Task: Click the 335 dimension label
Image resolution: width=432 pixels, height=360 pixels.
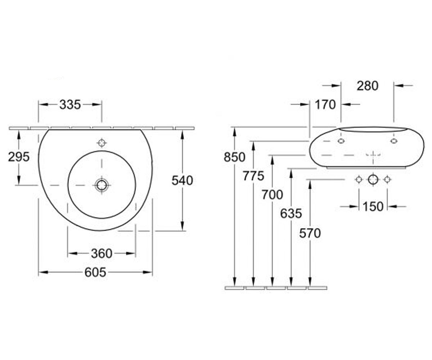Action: click(70, 105)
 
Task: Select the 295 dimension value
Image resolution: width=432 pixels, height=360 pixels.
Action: click(19, 157)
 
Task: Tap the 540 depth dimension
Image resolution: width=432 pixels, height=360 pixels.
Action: click(182, 180)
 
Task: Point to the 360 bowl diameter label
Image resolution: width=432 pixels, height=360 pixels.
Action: click(102, 253)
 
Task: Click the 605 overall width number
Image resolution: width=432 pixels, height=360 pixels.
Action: click(95, 272)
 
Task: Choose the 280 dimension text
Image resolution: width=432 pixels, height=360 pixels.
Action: click(368, 86)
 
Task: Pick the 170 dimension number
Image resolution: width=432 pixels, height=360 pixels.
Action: click(325, 105)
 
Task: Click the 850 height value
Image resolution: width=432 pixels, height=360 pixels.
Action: click(234, 157)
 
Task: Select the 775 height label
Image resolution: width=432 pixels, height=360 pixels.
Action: click(253, 176)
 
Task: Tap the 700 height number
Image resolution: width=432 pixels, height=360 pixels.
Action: click(272, 195)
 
